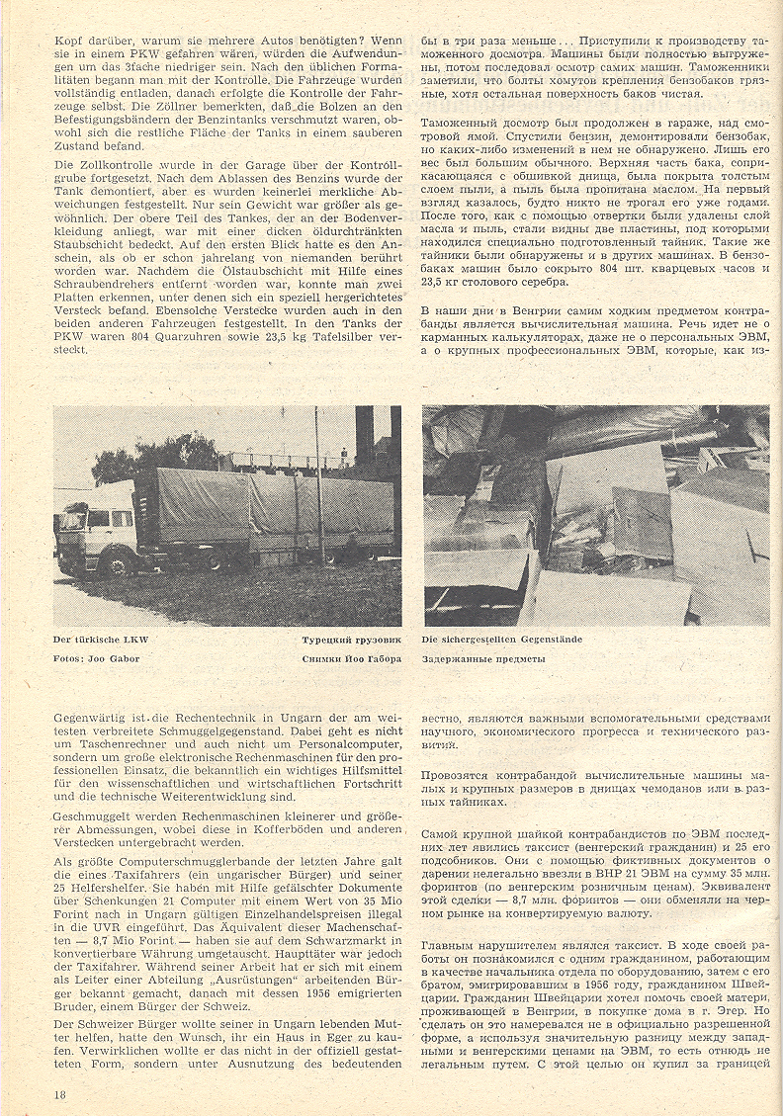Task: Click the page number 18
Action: [x=60, y=1094]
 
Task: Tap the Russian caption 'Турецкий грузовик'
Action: [x=352, y=640]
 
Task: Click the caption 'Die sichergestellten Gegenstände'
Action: [x=502, y=640]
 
